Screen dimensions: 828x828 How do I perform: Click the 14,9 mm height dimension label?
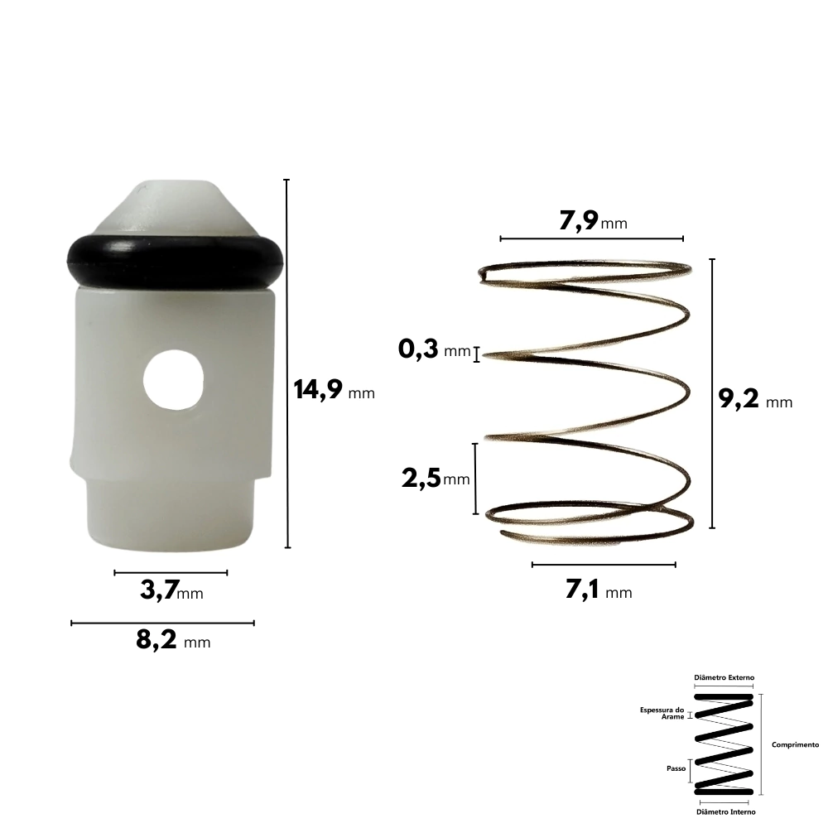(335, 390)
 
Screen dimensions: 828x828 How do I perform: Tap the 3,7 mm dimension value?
(171, 590)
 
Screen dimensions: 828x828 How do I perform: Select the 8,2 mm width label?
(173, 640)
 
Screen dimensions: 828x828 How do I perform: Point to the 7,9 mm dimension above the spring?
(593, 221)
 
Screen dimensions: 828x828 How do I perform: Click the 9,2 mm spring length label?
(756, 399)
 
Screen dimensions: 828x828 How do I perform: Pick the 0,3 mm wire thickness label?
(434, 349)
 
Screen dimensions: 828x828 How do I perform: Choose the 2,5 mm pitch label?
(436, 479)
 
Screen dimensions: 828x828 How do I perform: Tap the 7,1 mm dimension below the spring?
(599, 590)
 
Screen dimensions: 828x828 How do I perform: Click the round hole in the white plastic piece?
(173, 380)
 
